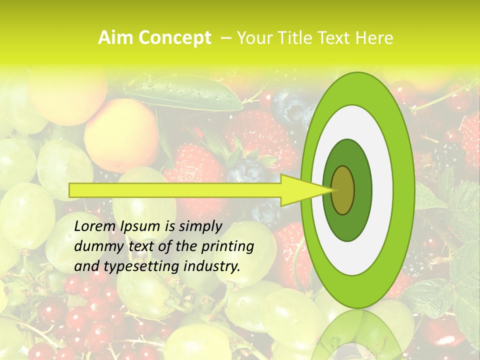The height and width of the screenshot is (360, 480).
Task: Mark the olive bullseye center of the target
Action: coord(342,190)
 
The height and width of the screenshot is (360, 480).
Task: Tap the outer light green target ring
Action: coord(403,190)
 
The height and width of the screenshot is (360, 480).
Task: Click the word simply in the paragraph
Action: coord(199,226)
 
